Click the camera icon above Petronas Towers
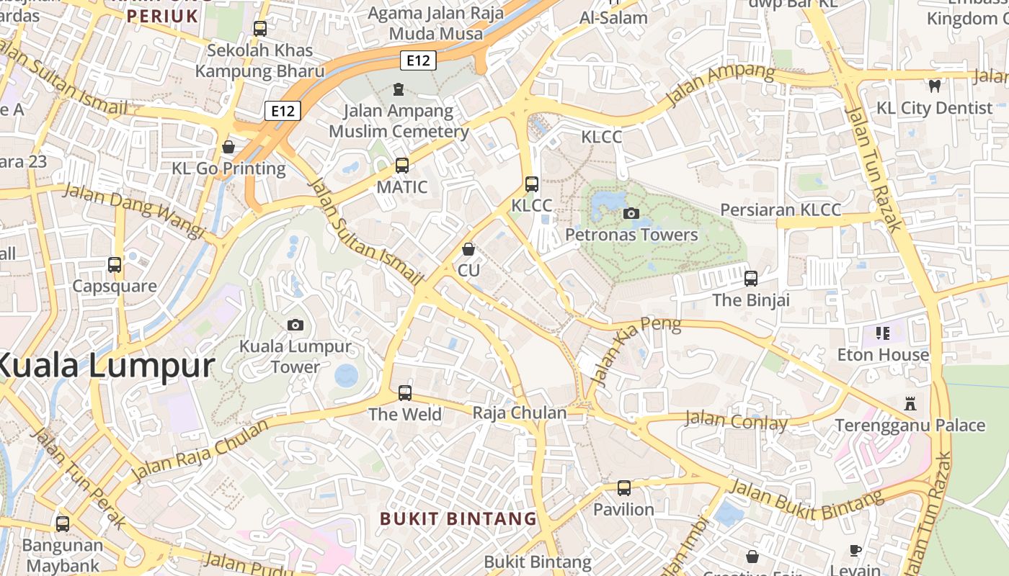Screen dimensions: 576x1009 coord(631,213)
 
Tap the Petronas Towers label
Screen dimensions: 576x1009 coord(631,235)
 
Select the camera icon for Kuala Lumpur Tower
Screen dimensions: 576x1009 coord(295,325)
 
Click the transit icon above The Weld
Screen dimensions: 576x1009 coord(405,393)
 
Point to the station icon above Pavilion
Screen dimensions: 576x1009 coord(624,488)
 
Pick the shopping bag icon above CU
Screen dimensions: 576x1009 coord(468,249)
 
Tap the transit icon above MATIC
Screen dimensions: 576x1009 coord(402,166)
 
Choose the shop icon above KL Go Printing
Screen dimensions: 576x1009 coord(228,147)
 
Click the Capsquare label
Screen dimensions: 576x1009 coord(115,286)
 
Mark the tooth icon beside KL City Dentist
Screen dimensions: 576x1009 coord(935,86)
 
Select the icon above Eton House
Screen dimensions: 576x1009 coord(883,333)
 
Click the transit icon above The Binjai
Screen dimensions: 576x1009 coord(751,278)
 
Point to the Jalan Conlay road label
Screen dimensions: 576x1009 coord(735,420)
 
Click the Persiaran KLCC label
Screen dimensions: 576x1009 coord(781,210)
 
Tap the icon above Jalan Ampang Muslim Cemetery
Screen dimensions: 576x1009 coord(398,90)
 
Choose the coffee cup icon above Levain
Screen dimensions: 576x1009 coord(855,551)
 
